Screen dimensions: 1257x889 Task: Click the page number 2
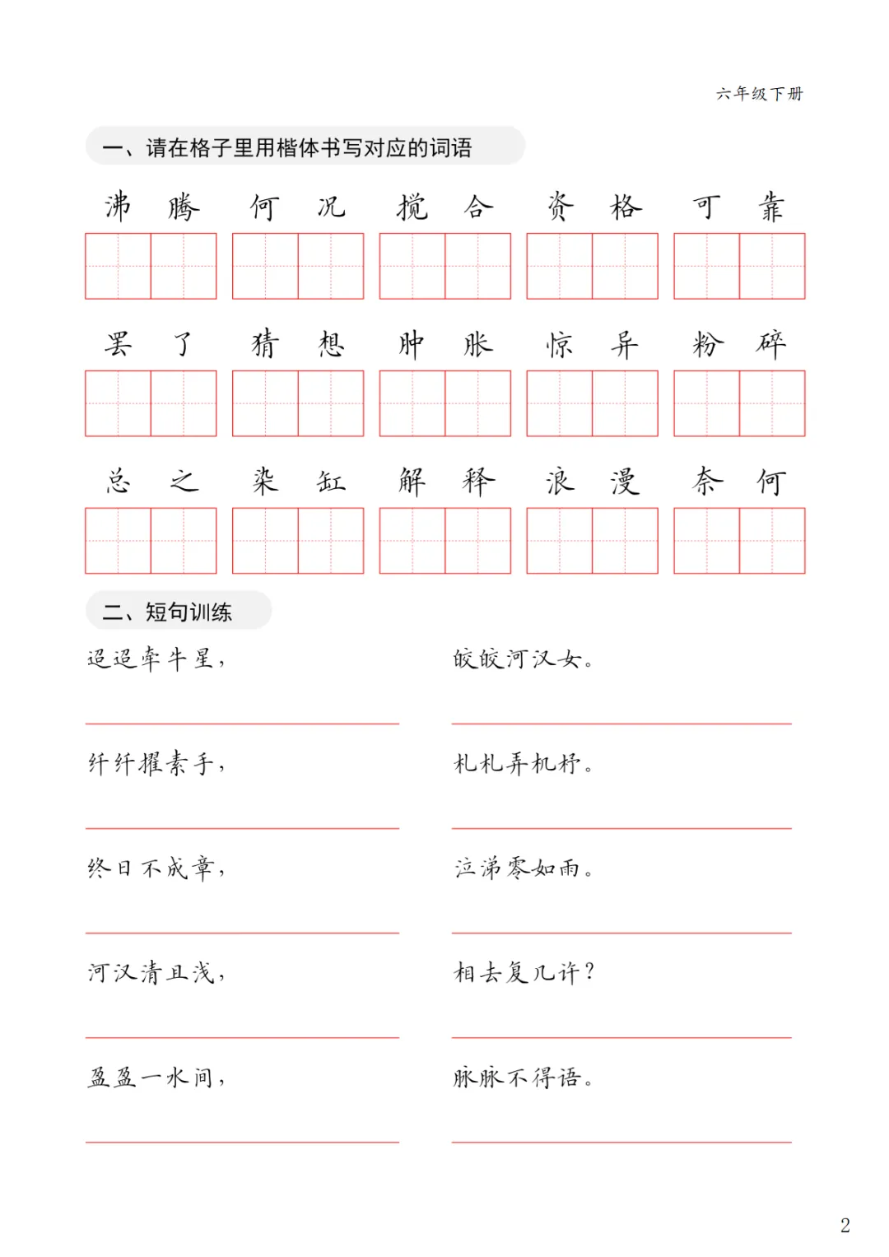(x=845, y=1225)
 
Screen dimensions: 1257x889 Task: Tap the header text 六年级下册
(x=759, y=94)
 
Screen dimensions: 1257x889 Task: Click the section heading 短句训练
(x=189, y=612)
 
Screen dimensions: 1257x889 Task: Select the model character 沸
(x=118, y=207)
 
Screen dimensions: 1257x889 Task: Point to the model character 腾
(x=184, y=207)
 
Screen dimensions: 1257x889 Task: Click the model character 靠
(x=771, y=207)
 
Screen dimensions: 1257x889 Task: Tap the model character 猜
(x=264, y=344)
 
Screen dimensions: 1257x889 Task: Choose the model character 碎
(x=771, y=344)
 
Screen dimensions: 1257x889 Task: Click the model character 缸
(x=331, y=482)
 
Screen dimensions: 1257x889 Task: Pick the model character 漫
(x=625, y=482)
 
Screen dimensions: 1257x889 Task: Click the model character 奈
(x=706, y=482)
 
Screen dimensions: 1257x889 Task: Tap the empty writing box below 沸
(x=118, y=266)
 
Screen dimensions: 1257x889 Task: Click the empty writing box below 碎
(x=772, y=403)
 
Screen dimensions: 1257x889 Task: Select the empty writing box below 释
(x=477, y=541)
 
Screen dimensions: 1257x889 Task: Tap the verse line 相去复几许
(x=524, y=973)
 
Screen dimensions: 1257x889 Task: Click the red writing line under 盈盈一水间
(x=242, y=1142)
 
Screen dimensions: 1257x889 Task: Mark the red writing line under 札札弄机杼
(x=621, y=828)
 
